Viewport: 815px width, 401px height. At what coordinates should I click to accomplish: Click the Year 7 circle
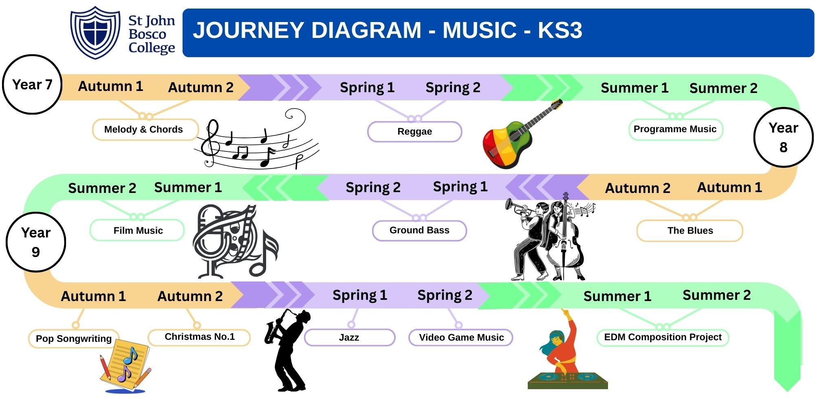[32, 84]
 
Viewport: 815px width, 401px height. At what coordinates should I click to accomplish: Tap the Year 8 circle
[783, 137]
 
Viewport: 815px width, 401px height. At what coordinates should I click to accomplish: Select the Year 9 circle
[36, 242]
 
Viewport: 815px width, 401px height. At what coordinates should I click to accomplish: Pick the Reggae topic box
[414, 131]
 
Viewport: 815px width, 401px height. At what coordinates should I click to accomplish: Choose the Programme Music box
[675, 129]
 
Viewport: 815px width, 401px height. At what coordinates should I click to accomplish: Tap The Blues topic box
[689, 230]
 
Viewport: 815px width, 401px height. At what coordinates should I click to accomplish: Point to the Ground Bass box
[419, 230]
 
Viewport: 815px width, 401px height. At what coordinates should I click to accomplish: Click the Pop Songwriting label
[74, 339]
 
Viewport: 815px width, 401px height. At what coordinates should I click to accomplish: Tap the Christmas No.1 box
[199, 337]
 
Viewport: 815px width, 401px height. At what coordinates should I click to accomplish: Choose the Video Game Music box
[461, 337]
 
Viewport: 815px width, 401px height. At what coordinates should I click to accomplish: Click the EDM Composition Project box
[663, 337]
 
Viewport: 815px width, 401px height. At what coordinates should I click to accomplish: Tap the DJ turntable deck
[568, 380]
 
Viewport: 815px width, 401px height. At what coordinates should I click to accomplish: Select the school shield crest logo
[95, 33]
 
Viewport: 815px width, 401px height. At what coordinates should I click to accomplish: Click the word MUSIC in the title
[480, 30]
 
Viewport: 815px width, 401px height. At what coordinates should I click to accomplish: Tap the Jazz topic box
[349, 337]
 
